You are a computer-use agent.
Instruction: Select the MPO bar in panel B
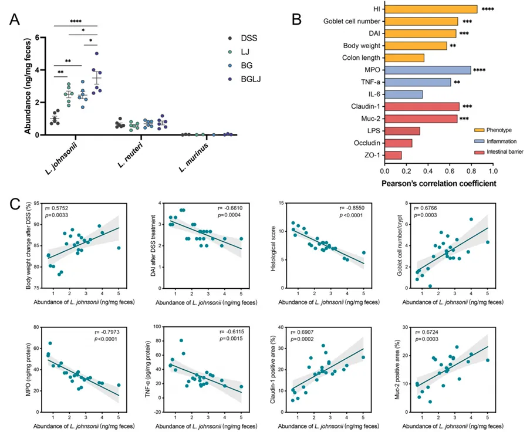click(x=427, y=70)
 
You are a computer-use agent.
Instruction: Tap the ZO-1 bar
click(x=393, y=155)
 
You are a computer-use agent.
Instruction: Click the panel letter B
click(x=298, y=18)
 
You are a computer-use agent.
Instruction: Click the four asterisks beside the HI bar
click(x=487, y=10)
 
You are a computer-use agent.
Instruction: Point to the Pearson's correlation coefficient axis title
click(x=438, y=183)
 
